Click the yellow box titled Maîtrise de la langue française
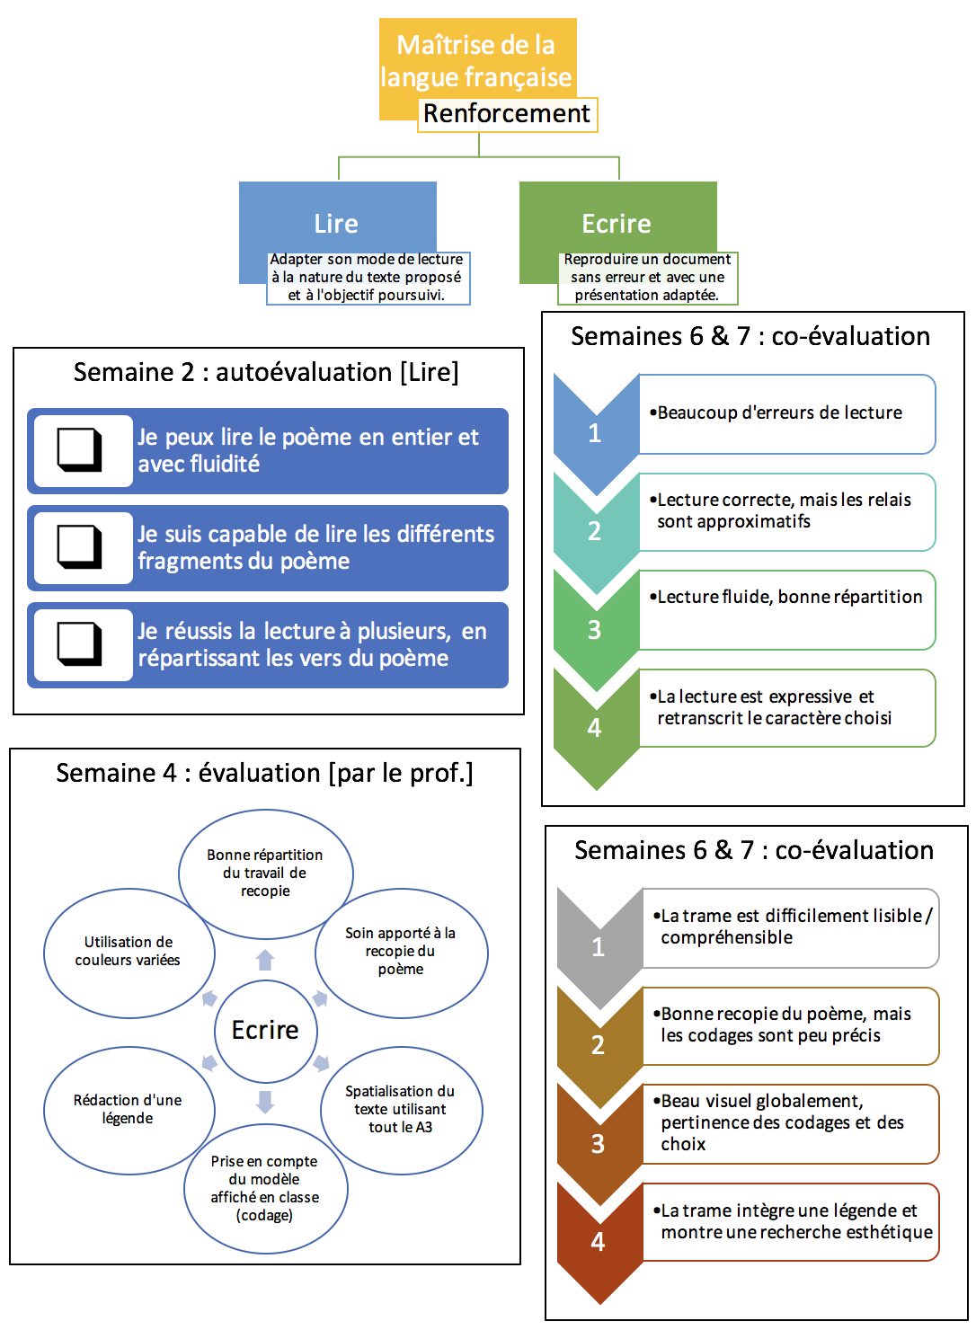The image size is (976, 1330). click(x=476, y=60)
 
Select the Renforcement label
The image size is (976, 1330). click(x=507, y=114)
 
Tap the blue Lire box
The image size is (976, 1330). click(x=336, y=223)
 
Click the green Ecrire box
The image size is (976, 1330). click(x=617, y=223)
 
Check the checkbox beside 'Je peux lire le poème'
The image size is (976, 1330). click(x=80, y=449)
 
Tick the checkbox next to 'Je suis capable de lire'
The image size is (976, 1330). click(x=80, y=546)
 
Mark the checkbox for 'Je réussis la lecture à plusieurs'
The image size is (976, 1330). click(x=80, y=643)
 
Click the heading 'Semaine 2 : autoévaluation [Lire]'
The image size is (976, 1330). click(x=266, y=372)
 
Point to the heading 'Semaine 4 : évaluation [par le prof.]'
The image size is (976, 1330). click(x=264, y=773)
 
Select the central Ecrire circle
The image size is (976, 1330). click(x=265, y=1030)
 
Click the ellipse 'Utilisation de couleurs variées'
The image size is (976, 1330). click(x=129, y=952)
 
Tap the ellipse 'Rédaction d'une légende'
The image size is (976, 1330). click(x=128, y=1109)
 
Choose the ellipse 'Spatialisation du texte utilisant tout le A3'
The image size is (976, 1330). click(x=400, y=1109)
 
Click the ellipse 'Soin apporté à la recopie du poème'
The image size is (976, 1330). click(x=401, y=951)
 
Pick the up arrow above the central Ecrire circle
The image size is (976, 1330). click(x=265, y=960)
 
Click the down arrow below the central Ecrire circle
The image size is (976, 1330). click(x=265, y=1101)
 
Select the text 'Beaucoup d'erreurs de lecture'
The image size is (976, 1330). click(x=779, y=412)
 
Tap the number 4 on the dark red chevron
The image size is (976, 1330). click(x=598, y=1242)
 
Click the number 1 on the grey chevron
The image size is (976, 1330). click(x=599, y=946)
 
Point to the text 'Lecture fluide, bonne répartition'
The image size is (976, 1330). click(x=789, y=597)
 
